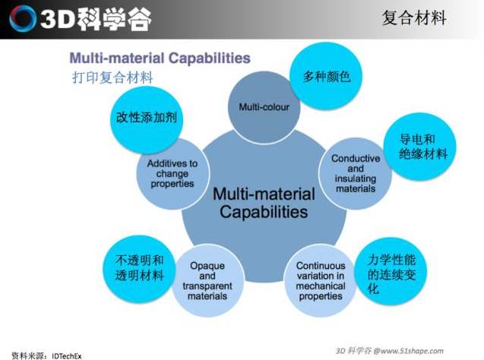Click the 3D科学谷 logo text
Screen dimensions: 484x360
(96, 19)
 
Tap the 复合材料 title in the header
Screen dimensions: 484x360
(414, 17)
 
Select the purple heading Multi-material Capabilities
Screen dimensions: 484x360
(160, 58)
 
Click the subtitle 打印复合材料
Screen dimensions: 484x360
(112, 77)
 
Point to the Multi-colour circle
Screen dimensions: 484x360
(264, 107)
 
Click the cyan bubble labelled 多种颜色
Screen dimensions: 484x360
(326, 76)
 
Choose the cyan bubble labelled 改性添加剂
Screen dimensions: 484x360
(147, 120)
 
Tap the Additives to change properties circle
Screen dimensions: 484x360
(172, 173)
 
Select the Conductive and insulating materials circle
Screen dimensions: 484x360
(356, 173)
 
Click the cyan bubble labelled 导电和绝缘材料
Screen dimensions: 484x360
(419, 147)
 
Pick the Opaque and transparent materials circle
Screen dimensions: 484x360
(207, 280)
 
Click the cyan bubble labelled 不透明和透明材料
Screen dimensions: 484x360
(139, 269)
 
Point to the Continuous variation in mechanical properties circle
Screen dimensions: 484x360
(321, 280)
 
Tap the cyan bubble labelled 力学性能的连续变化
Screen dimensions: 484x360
(391, 271)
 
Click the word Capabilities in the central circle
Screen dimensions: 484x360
(264, 212)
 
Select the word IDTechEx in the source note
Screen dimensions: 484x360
(67, 356)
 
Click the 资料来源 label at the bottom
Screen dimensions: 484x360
(27, 356)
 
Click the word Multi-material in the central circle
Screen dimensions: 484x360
(264, 194)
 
